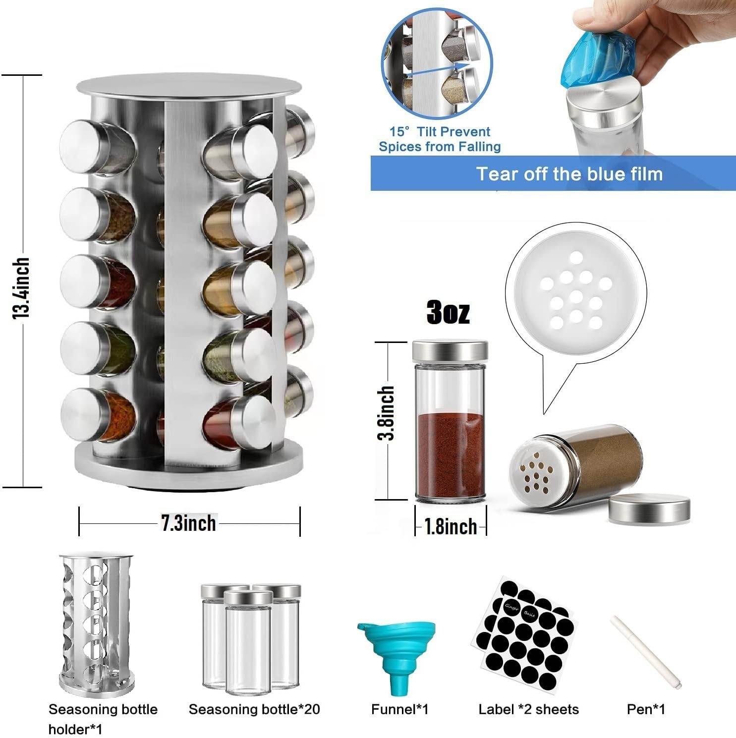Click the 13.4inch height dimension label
click(21, 288)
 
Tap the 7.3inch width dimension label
click(189, 523)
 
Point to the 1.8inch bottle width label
click(451, 526)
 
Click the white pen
click(646, 651)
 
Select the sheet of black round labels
click(525, 634)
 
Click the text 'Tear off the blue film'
click(569, 174)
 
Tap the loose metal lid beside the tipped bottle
click(649, 508)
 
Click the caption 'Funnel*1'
click(400, 709)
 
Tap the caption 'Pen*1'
click(646, 709)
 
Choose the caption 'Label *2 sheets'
click(528, 709)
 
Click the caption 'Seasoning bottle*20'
click(254, 709)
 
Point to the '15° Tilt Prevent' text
click(440, 132)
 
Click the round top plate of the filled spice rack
click(189, 87)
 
